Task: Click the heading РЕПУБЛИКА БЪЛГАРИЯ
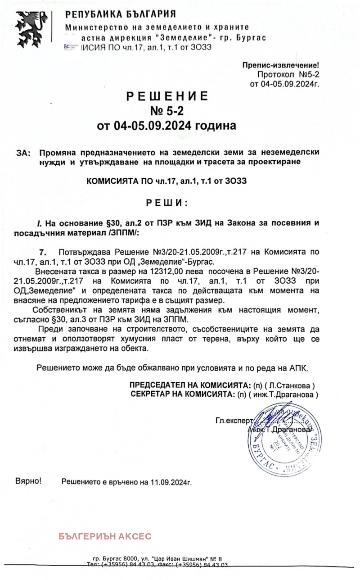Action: point(121,14)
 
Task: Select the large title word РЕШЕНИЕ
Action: point(167,96)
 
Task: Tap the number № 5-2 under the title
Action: point(167,111)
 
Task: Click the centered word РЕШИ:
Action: point(167,203)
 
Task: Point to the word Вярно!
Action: point(28,481)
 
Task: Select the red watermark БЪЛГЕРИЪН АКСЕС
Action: point(105,536)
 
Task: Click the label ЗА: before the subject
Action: point(23,153)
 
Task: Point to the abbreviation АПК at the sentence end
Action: point(298,368)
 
